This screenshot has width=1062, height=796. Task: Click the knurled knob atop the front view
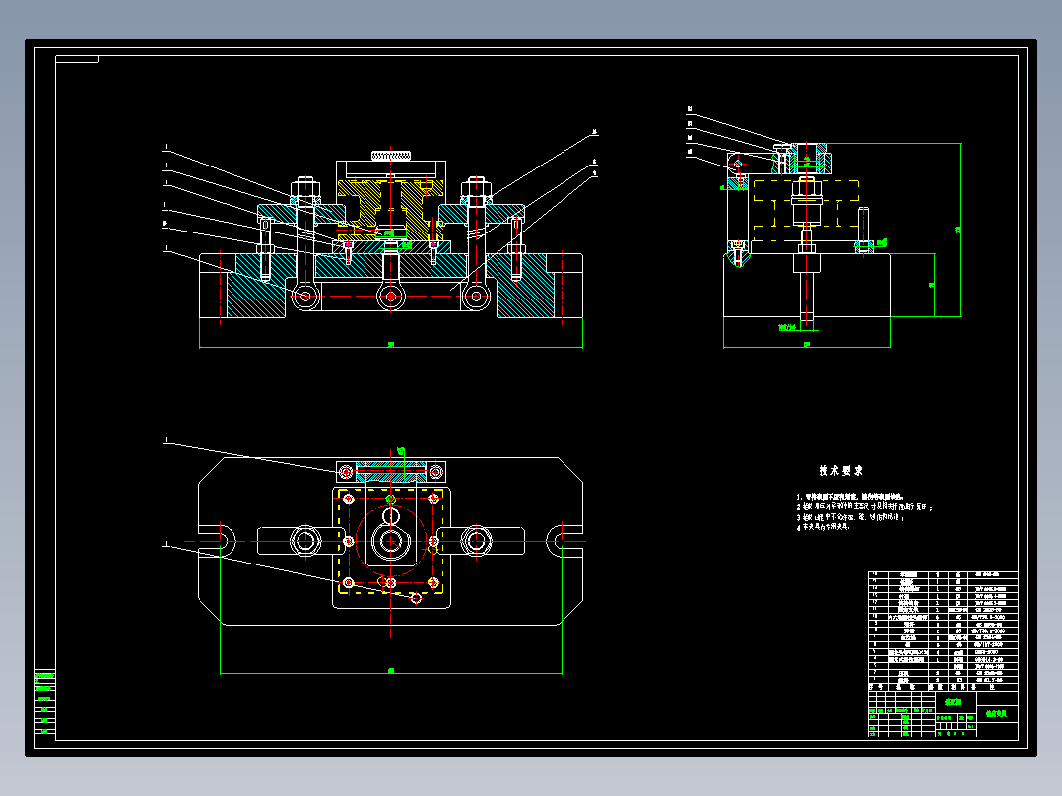click(x=391, y=154)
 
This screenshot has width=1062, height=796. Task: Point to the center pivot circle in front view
click(x=391, y=295)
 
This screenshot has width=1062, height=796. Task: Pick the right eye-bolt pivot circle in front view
click(x=477, y=295)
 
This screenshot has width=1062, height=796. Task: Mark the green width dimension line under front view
click(x=391, y=347)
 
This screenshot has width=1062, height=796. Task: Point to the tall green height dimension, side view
click(x=960, y=230)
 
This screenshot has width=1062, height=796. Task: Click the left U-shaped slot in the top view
click(x=219, y=540)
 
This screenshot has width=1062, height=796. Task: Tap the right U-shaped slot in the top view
click(x=566, y=540)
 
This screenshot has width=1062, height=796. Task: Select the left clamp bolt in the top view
click(x=304, y=540)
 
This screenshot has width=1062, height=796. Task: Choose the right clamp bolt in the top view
click(x=477, y=540)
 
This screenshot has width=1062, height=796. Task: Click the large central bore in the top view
click(x=391, y=541)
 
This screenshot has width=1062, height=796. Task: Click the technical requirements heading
click(x=840, y=471)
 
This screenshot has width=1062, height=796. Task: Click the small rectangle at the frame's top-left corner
click(x=78, y=59)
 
